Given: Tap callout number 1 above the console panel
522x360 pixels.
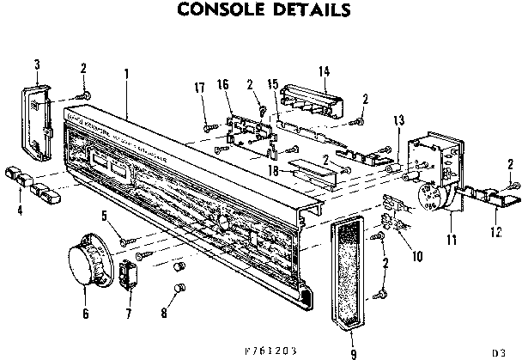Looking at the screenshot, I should coord(126,73).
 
